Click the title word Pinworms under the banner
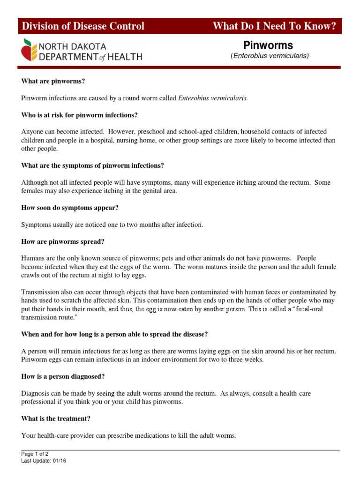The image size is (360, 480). point(268,45)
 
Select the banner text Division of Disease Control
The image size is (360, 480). point(83,26)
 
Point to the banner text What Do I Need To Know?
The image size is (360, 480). point(274,26)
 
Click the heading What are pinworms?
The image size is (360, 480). point(53,81)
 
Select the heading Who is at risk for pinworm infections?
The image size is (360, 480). point(80,115)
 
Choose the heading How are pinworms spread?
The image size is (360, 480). point(63,241)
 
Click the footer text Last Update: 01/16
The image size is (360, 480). point(45,461)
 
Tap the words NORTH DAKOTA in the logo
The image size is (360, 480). point(72,46)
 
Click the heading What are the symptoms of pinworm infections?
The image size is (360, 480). point(93,165)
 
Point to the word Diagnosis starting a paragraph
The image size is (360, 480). point(36,393)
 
